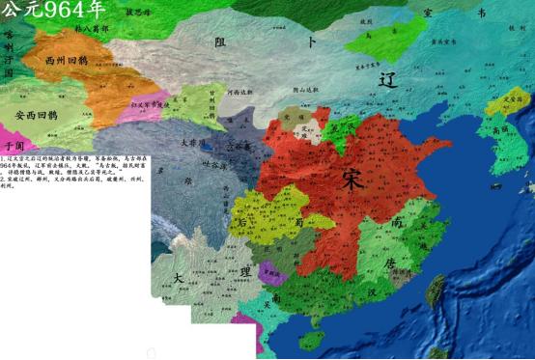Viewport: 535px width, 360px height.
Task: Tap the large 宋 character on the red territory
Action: (354, 180)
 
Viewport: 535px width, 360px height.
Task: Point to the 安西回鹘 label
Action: (36, 114)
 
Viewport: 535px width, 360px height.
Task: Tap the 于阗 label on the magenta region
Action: (13, 143)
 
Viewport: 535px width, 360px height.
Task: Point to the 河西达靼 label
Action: (239, 93)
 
